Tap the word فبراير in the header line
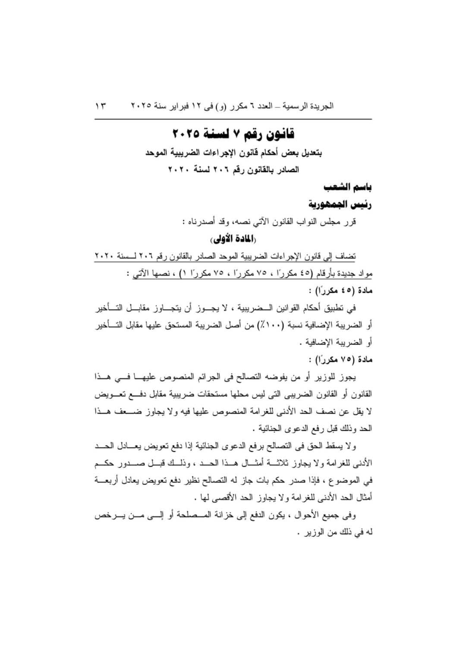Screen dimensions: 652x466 click(177, 106)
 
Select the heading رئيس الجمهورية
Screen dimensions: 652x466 click(340, 204)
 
